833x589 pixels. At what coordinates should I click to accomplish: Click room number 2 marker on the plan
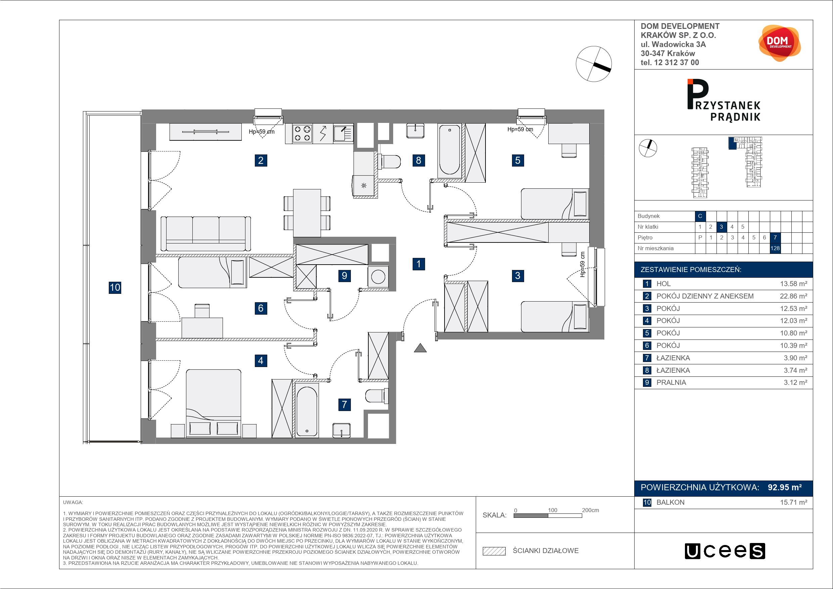click(261, 160)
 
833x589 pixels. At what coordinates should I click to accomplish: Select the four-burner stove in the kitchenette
click(302, 133)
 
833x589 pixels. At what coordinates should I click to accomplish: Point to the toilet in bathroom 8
click(389, 161)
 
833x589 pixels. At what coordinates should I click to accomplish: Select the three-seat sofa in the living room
click(206, 234)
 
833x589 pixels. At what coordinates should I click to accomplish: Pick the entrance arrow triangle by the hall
click(420, 348)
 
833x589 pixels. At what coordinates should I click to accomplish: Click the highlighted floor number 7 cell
click(775, 238)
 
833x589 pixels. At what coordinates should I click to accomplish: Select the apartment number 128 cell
click(775, 248)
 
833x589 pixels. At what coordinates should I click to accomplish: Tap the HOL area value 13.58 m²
click(794, 284)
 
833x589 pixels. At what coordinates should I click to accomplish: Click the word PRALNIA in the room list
click(671, 382)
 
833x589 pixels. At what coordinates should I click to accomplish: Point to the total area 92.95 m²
click(785, 487)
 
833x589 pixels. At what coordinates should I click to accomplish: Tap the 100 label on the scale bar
click(553, 510)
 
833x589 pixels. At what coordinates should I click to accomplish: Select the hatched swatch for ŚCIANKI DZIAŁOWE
click(494, 551)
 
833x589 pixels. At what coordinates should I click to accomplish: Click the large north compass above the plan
click(594, 64)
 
